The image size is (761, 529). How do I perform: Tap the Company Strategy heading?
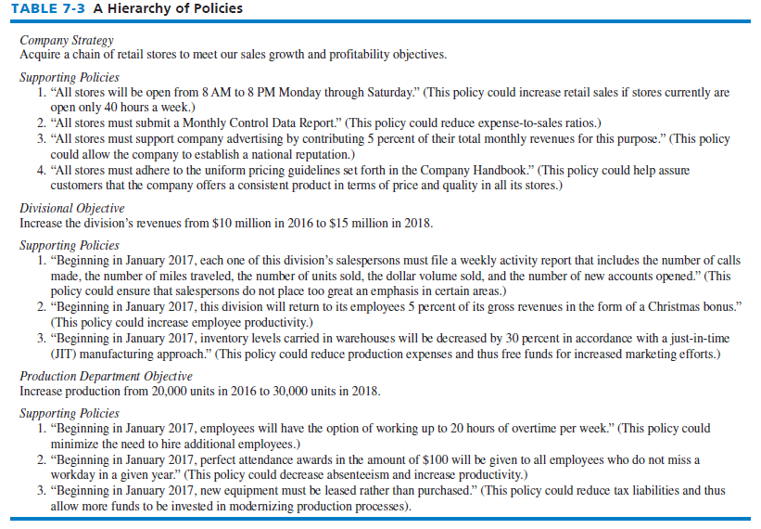67,40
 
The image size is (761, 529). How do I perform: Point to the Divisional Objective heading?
72,209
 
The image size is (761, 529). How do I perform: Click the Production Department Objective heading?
107,377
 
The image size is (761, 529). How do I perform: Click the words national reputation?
300,153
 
